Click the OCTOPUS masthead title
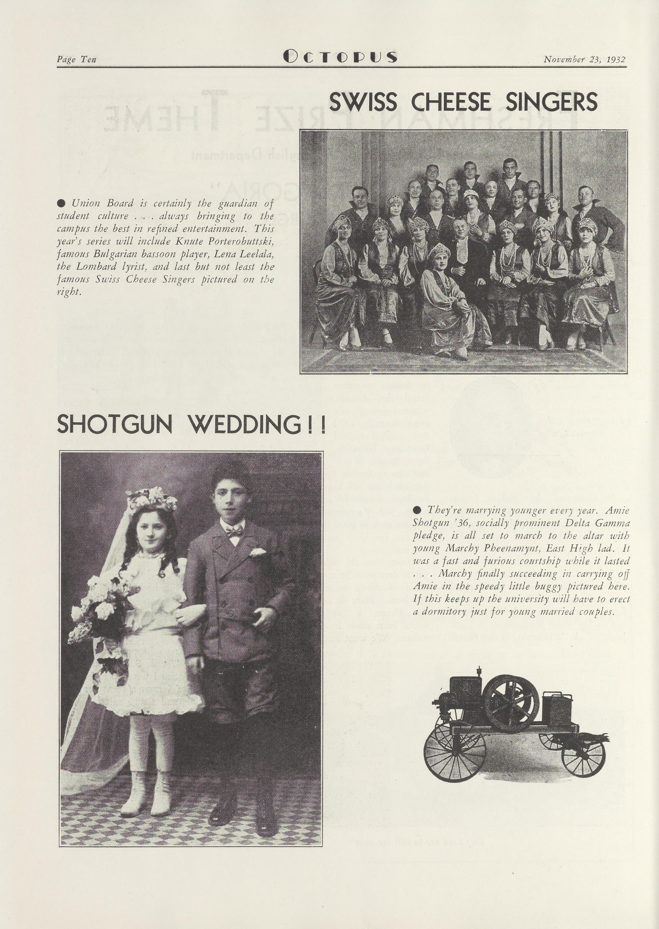point(340,57)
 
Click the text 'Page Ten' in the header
point(76,59)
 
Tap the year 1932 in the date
point(616,59)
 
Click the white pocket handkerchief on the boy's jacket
point(257,552)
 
